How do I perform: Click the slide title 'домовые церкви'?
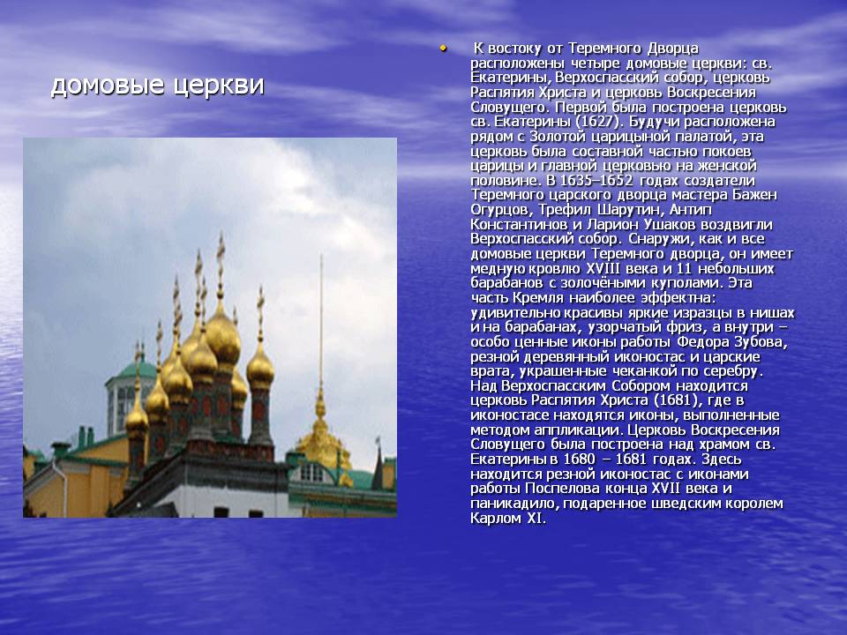coord(157,86)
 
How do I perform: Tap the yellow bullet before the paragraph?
coord(442,47)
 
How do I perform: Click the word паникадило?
coord(514,504)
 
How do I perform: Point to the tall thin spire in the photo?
coord(320,326)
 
